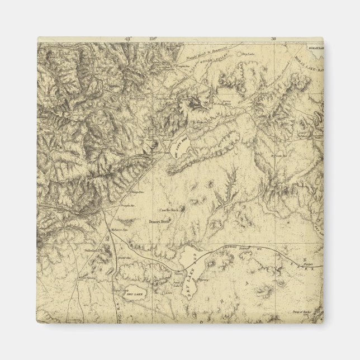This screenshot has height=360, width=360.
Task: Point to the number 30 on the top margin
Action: [273, 39]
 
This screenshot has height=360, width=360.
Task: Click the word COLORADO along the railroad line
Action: [233, 247]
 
